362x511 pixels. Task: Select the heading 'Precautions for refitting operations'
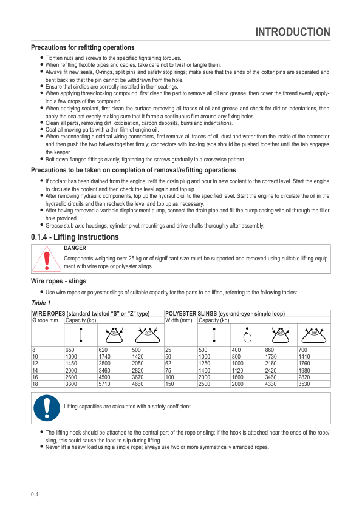(x=83, y=47)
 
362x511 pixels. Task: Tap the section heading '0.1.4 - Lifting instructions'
(x=75, y=237)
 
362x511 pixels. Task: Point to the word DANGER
(x=75, y=248)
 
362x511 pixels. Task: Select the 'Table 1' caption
(x=41, y=303)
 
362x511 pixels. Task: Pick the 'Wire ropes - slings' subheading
(x=58, y=282)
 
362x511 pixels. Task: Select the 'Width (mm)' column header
(x=179, y=320)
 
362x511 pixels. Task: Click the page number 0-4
(x=35, y=495)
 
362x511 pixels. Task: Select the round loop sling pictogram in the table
(x=247, y=334)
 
